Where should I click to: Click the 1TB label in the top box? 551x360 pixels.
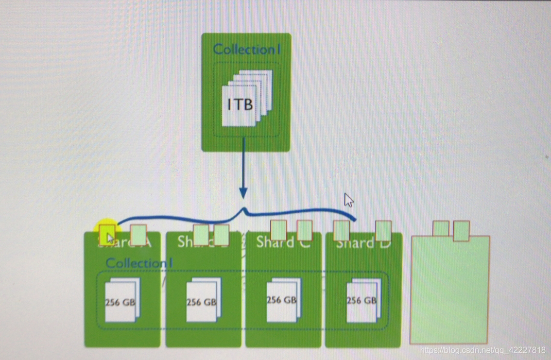[x=240, y=105]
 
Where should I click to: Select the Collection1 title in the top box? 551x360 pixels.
[x=247, y=49]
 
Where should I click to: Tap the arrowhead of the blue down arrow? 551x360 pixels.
[x=243, y=193]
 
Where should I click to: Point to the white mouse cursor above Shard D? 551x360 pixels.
[x=349, y=200]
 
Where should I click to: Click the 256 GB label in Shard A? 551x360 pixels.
[x=120, y=302]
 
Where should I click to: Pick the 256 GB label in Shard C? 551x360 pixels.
[x=281, y=300]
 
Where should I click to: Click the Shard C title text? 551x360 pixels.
[x=283, y=242]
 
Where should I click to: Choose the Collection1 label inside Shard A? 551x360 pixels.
[x=139, y=263]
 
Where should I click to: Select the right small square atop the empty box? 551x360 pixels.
[x=461, y=231]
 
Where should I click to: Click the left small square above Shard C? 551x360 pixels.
[x=278, y=230]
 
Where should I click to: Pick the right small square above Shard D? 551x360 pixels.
[x=383, y=231]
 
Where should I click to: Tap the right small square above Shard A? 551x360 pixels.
[x=138, y=234]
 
